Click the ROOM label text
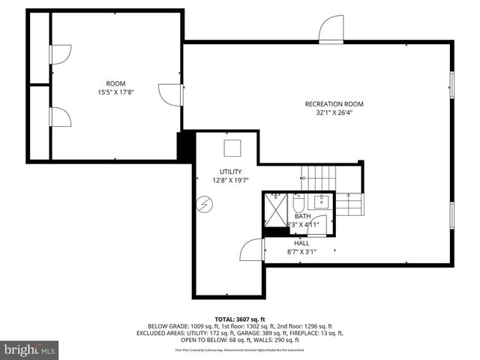click(115, 83)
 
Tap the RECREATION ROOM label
click(334, 103)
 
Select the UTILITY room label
click(230, 172)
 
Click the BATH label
click(302, 216)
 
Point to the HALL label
click(301, 243)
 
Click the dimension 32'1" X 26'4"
click(334, 114)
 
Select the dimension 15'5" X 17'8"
click(115, 93)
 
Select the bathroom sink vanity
click(322, 202)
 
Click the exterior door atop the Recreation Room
click(331, 29)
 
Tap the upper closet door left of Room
click(59, 54)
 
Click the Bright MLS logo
click(30, 349)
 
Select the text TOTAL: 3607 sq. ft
click(240, 319)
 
